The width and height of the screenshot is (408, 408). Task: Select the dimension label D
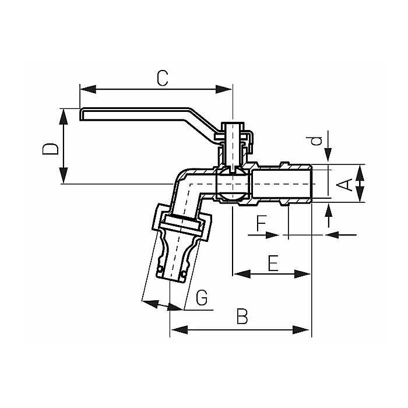[51, 147]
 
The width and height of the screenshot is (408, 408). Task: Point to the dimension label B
[242, 318]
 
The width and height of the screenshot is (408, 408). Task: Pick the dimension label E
[273, 263]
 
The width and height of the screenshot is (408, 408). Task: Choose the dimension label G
[202, 299]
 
